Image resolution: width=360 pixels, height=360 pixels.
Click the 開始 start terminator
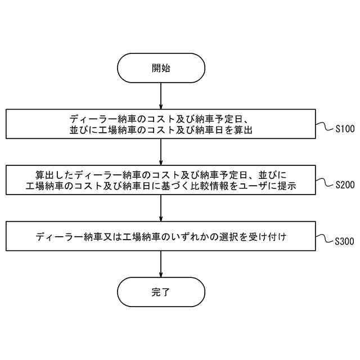click(161, 68)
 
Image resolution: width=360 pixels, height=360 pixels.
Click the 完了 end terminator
click(161, 292)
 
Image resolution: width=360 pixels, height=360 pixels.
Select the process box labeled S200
click(161, 180)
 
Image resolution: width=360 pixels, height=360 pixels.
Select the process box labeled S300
click(161, 236)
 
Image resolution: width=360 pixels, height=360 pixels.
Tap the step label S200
click(344, 184)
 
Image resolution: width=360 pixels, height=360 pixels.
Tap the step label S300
click(344, 242)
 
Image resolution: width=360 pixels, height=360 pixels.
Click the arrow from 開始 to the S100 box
click(161, 96)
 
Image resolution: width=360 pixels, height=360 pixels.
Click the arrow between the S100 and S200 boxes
click(161, 152)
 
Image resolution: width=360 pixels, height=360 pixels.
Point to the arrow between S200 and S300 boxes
click(161, 208)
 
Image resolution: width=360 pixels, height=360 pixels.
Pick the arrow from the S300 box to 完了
click(161, 264)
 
